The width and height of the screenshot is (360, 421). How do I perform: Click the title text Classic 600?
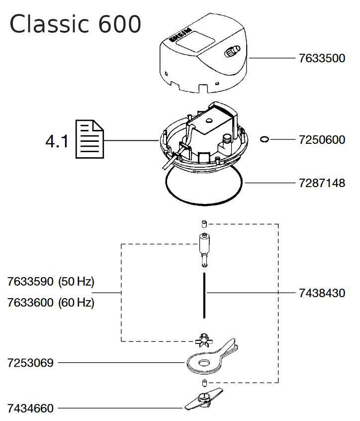point(75,24)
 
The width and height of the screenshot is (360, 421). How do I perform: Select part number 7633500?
point(322,58)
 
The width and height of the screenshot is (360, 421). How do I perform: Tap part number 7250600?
point(322,140)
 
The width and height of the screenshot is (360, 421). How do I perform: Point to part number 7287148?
point(322,183)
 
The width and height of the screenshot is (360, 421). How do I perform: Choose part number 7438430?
point(322,293)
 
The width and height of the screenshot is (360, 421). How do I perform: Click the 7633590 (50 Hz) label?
point(51,282)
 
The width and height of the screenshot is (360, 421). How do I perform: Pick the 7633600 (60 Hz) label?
point(51,303)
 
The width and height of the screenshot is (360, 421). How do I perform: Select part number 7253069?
point(30,362)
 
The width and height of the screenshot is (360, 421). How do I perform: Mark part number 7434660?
point(30,409)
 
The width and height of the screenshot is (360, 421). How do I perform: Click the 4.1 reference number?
point(57,141)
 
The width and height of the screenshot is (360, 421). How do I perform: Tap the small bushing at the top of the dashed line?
point(204,223)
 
